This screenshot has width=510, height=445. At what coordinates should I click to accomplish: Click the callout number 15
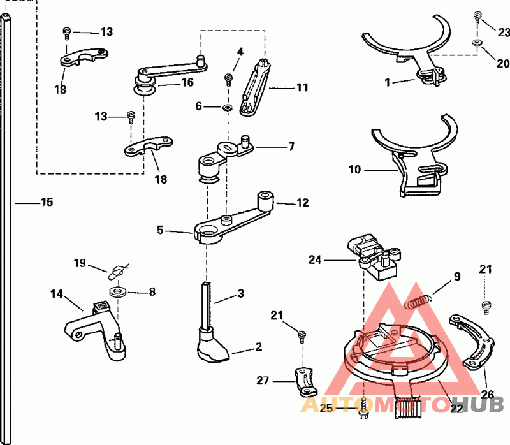47,203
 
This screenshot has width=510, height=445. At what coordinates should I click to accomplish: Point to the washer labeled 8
117,292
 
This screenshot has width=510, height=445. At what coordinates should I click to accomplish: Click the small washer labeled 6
227,106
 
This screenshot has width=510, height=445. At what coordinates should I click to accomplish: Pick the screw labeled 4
228,80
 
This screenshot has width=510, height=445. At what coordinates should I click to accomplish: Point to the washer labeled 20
477,43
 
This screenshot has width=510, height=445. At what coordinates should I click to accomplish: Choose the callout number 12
302,203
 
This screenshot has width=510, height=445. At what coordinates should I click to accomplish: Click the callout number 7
291,147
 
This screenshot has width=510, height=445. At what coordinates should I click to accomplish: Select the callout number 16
187,82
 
